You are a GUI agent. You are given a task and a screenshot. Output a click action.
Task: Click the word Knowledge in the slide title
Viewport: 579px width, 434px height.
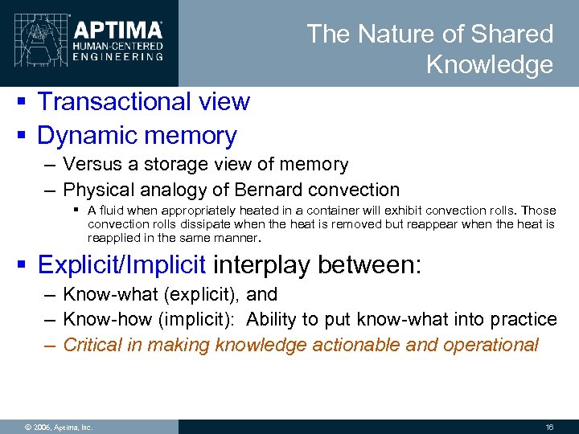[490, 64]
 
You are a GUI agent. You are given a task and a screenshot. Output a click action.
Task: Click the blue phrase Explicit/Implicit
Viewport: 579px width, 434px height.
[122, 264]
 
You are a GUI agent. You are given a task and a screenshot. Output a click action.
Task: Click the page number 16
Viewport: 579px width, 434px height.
[550, 427]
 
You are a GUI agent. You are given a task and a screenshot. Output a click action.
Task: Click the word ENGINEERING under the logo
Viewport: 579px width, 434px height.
[118, 56]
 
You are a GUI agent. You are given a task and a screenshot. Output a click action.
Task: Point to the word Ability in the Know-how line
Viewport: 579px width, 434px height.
[272, 320]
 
